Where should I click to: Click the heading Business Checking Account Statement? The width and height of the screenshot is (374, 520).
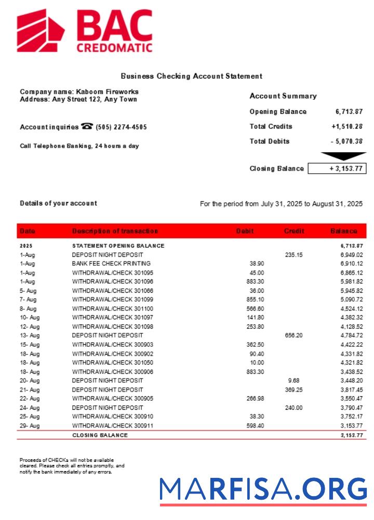pos(191,76)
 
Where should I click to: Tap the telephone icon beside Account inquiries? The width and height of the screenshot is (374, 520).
pos(87,126)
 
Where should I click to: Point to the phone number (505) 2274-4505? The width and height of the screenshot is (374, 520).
pos(121,127)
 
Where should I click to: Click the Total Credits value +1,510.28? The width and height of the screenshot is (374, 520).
pos(347,126)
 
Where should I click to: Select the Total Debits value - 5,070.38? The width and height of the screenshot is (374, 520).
pos(346,141)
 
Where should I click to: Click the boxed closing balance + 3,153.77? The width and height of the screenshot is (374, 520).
pos(337,168)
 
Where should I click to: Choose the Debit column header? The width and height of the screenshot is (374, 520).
pos(245,231)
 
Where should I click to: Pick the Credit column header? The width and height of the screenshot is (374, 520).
pos(294,231)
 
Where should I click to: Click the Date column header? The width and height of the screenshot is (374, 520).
pos(28,231)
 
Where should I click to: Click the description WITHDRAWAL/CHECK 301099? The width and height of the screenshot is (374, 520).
pos(113,300)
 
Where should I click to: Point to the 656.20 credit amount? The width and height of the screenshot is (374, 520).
pos(293,335)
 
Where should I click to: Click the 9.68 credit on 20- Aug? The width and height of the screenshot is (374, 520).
pos(293,381)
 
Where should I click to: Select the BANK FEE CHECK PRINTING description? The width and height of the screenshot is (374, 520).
pos(111,264)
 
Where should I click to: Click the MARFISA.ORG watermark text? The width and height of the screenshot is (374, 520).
pos(263,489)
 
